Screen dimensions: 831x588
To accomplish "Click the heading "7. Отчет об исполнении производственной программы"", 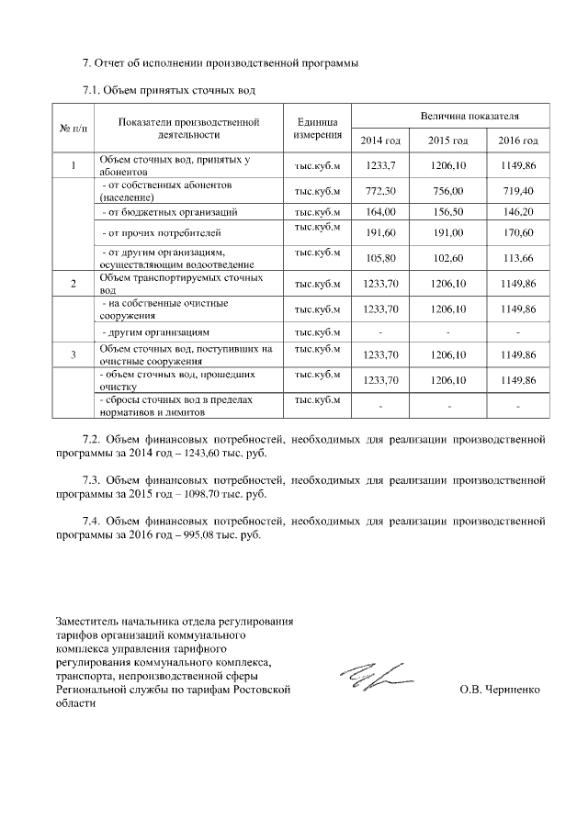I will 215,63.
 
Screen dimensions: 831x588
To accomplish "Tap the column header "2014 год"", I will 380,140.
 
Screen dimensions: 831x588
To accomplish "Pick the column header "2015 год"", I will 448,140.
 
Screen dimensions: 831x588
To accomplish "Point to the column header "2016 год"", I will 517,140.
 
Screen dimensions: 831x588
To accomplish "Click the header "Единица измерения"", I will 317,128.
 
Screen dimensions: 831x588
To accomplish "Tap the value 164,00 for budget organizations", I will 380,211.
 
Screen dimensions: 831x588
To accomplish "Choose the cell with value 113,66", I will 517,258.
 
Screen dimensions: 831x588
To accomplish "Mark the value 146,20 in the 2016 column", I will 517,211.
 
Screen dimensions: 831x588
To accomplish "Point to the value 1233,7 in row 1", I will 380,165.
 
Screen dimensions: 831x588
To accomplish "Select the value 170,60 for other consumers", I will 517,233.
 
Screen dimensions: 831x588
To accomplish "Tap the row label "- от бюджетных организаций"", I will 169,212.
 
